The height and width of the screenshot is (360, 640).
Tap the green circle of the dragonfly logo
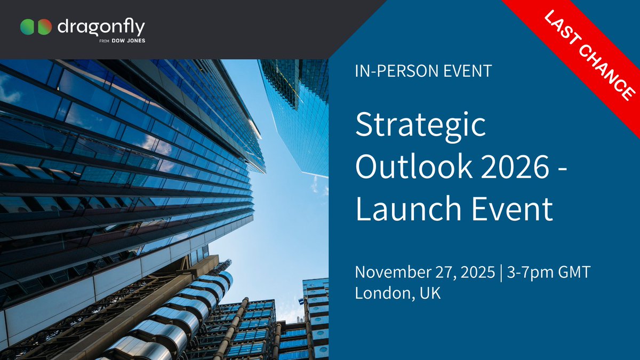[x=28, y=27]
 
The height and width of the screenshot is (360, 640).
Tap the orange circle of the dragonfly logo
[x=45, y=27]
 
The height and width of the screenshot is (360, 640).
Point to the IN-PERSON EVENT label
[x=423, y=71]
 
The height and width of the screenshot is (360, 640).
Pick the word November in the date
[x=394, y=273]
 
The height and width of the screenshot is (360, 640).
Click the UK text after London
[x=431, y=293]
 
